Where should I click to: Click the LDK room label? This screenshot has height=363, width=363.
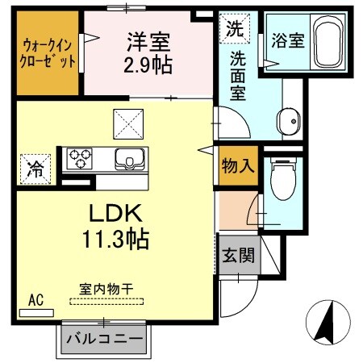(x=115, y=214)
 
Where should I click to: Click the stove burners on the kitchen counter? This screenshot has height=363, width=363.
(x=80, y=157)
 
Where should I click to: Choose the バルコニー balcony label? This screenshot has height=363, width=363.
(x=103, y=338)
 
